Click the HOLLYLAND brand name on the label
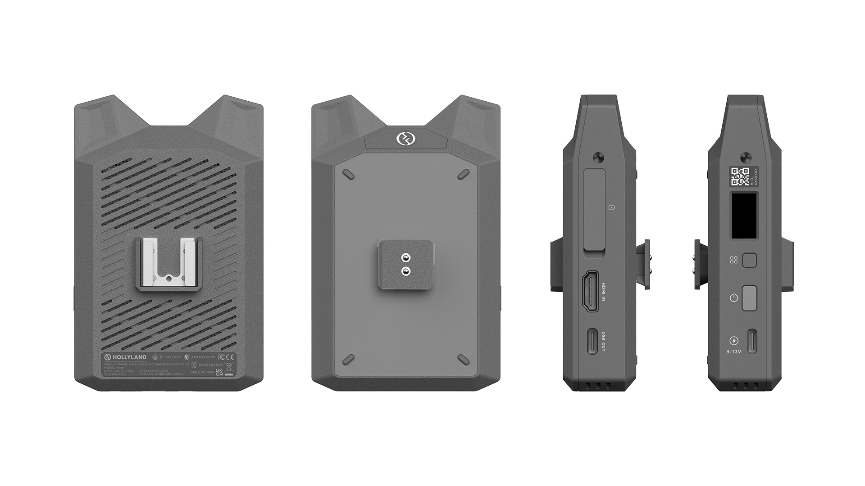click(130, 357)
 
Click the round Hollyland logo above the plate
click(404, 139)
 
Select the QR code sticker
click(739, 176)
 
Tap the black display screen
click(744, 216)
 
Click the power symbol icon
click(734, 297)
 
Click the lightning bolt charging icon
click(734, 341)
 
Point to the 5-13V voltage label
click(734, 351)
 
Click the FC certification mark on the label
click(221, 357)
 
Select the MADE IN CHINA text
click(203, 372)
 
